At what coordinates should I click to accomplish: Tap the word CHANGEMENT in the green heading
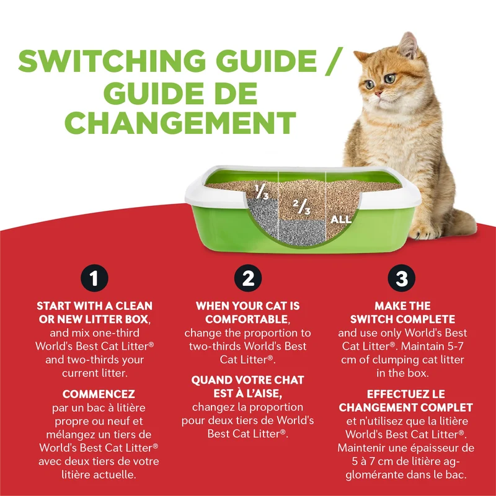point(180,123)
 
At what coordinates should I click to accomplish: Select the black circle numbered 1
point(94,278)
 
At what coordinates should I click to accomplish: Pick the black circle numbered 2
point(248,278)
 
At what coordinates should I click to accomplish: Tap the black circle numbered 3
point(402,278)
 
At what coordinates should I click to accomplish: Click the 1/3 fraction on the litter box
point(262,192)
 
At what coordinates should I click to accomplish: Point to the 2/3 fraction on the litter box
point(301,206)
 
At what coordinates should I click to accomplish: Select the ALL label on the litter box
point(340,219)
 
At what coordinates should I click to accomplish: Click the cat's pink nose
point(378,94)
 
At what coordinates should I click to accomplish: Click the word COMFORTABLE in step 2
point(246,319)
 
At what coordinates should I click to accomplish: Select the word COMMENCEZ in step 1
point(99,394)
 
